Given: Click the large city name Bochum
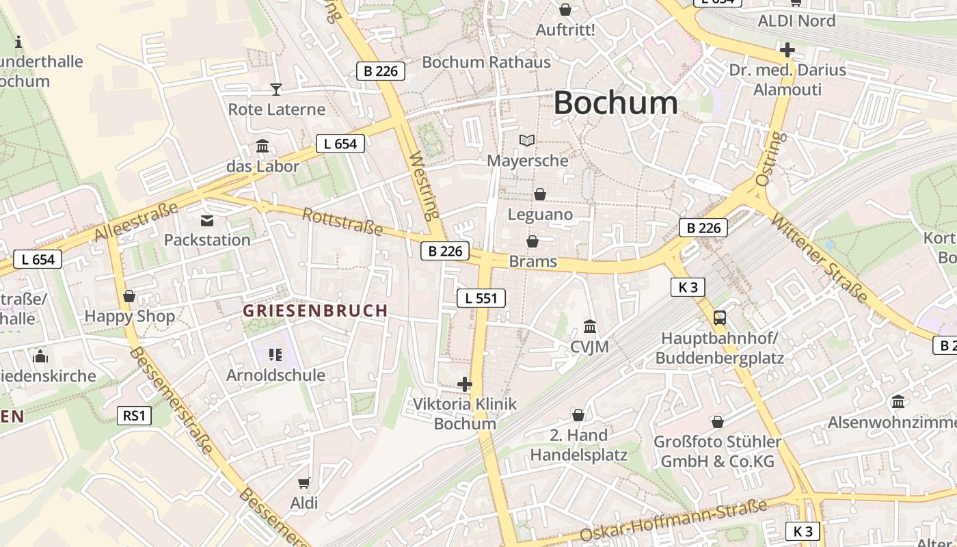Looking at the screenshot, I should point(615,103).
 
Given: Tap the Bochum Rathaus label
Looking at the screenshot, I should point(486,62).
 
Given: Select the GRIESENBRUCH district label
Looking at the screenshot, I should point(315,311).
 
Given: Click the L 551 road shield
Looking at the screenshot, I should point(481,297).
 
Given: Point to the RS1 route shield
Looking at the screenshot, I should point(134,415).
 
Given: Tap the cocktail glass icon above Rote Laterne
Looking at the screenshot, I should point(275,89).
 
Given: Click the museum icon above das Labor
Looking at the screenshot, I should point(262,146).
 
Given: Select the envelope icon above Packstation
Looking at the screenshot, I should point(206,220).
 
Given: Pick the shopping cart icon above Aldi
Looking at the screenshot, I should point(304,483).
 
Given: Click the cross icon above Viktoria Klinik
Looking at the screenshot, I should point(465,384).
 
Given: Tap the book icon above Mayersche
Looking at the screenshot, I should point(527,140).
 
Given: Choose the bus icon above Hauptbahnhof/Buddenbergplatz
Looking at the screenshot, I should point(720,317).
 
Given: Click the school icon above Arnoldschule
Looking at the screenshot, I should point(275,355).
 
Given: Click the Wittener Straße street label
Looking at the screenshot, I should point(819,258).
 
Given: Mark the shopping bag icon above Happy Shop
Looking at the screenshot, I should point(129,296).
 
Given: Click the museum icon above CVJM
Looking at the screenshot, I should point(590,327).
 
